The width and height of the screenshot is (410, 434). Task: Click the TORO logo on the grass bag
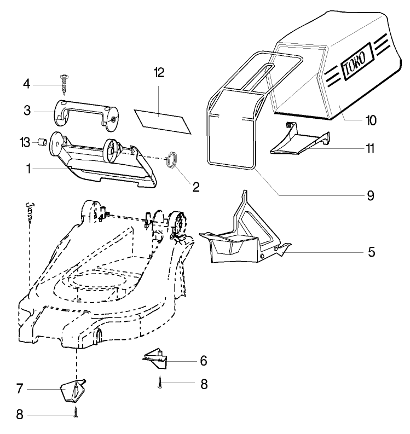357,62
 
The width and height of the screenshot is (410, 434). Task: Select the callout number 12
159,73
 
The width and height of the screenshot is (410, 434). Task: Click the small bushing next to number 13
41,143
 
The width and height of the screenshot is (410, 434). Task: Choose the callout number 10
371,120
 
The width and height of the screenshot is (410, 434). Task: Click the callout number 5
371,252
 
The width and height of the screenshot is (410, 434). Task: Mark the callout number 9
371,195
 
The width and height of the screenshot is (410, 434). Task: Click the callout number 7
20,389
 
